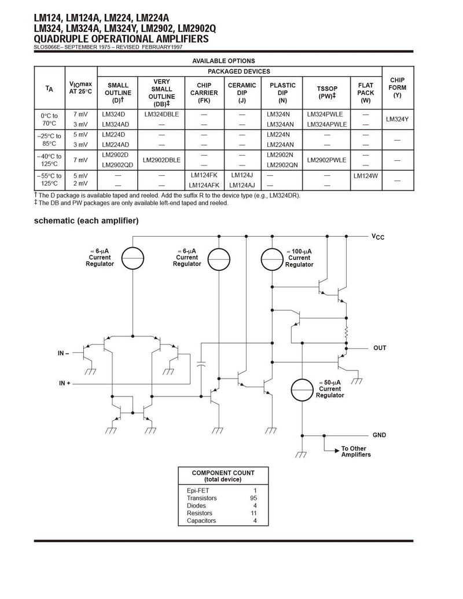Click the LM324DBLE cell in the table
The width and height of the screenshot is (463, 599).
tap(161, 114)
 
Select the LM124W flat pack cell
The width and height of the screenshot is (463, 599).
tap(365, 176)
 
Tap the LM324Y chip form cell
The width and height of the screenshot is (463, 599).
tap(397, 119)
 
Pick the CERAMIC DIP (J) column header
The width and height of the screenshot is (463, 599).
tap(242, 93)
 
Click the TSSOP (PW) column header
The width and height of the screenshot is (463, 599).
tap(326, 92)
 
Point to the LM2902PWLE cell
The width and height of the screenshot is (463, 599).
tap(326, 160)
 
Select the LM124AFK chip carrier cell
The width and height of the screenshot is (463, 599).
tap(204, 185)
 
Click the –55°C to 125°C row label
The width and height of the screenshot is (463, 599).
tap(49, 179)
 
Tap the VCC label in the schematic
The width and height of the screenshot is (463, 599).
tap(378, 237)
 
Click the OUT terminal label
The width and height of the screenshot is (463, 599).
tap(380, 348)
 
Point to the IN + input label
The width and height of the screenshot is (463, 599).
tap(65, 383)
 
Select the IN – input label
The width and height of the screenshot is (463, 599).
tap(64, 354)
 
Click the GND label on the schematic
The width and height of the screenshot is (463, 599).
tap(379, 435)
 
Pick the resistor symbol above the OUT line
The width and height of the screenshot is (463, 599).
tap(347, 333)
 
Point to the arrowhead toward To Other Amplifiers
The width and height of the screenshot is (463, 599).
tap(337, 451)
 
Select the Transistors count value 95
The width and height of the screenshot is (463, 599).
tap(253, 498)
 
